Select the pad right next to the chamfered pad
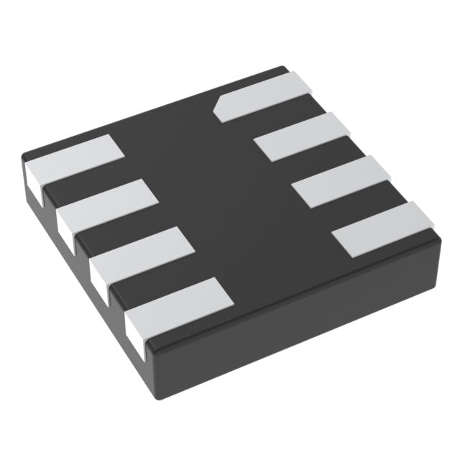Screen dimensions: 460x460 303,137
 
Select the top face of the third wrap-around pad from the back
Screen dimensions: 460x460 144,250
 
